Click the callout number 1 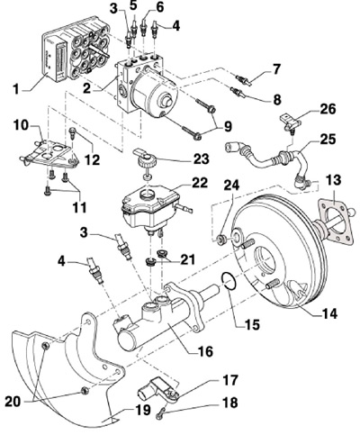17,89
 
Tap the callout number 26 327,109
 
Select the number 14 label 328,313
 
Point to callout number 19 141,410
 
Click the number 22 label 199,183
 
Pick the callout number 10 22,126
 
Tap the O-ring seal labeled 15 230,282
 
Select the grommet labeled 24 221,240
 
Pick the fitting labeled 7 244,80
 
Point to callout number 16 204,350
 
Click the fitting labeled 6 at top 144,28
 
